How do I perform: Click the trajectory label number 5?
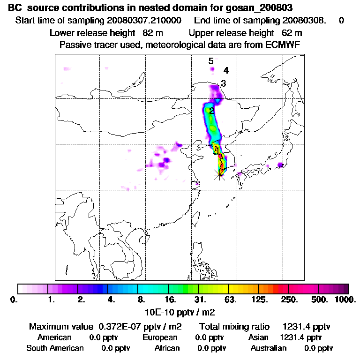click(x=211, y=61)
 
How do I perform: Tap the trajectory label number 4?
click(x=226, y=71)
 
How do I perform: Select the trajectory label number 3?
click(x=224, y=84)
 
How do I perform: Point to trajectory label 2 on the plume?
click(x=212, y=111)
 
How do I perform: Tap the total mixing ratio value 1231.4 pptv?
click(x=304, y=326)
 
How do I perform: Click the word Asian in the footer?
click(x=258, y=337)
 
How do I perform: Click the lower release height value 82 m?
click(x=152, y=33)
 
